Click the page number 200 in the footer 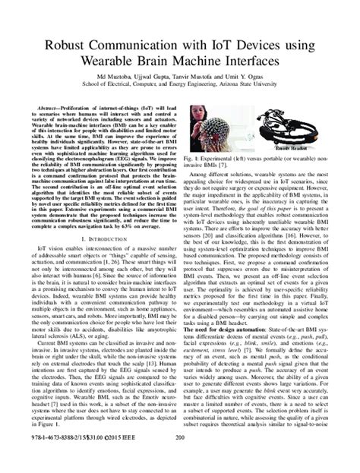[180, 458]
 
